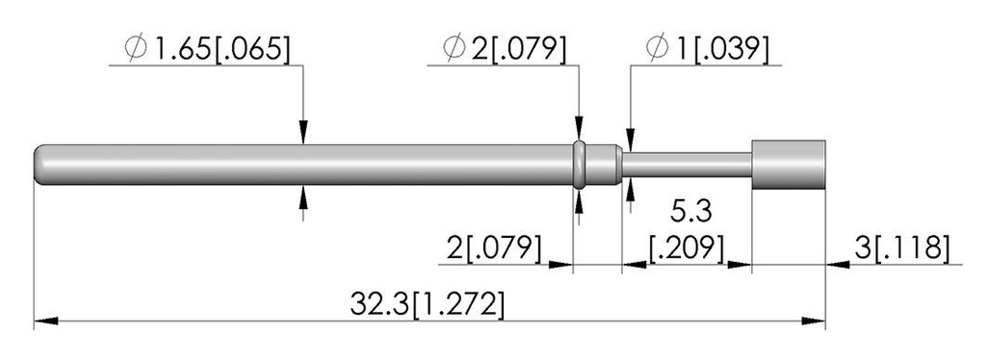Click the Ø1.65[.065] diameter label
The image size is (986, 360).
coord(208,49)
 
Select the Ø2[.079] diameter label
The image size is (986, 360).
coord(505,49)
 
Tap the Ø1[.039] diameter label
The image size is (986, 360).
coord(708,49)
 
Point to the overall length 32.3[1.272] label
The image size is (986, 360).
coord(427,305)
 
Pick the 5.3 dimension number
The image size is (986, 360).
coord(690,212)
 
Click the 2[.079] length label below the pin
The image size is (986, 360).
coord(494,247)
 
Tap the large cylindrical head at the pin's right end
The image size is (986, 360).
coord(789,165)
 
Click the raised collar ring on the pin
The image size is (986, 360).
coord(580,165)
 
